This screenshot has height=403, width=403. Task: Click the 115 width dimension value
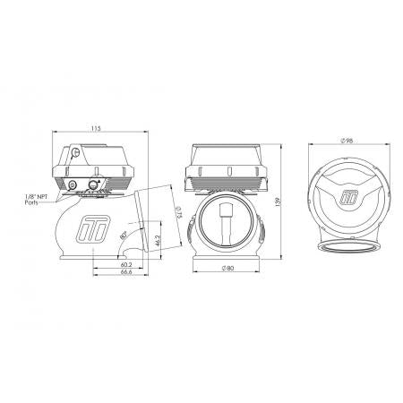[96, 129]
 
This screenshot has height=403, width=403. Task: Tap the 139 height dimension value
[278, 201]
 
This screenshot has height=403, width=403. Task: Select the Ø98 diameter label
[346, 141]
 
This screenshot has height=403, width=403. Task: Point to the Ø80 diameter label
[227, 269]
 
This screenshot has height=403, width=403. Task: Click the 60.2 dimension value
[126, 265]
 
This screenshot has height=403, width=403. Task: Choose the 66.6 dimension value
[126, 272]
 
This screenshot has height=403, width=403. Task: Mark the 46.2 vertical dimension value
[158, 241]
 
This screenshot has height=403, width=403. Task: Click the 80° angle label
[123, 236]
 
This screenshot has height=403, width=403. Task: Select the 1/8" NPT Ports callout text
[35, 200]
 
